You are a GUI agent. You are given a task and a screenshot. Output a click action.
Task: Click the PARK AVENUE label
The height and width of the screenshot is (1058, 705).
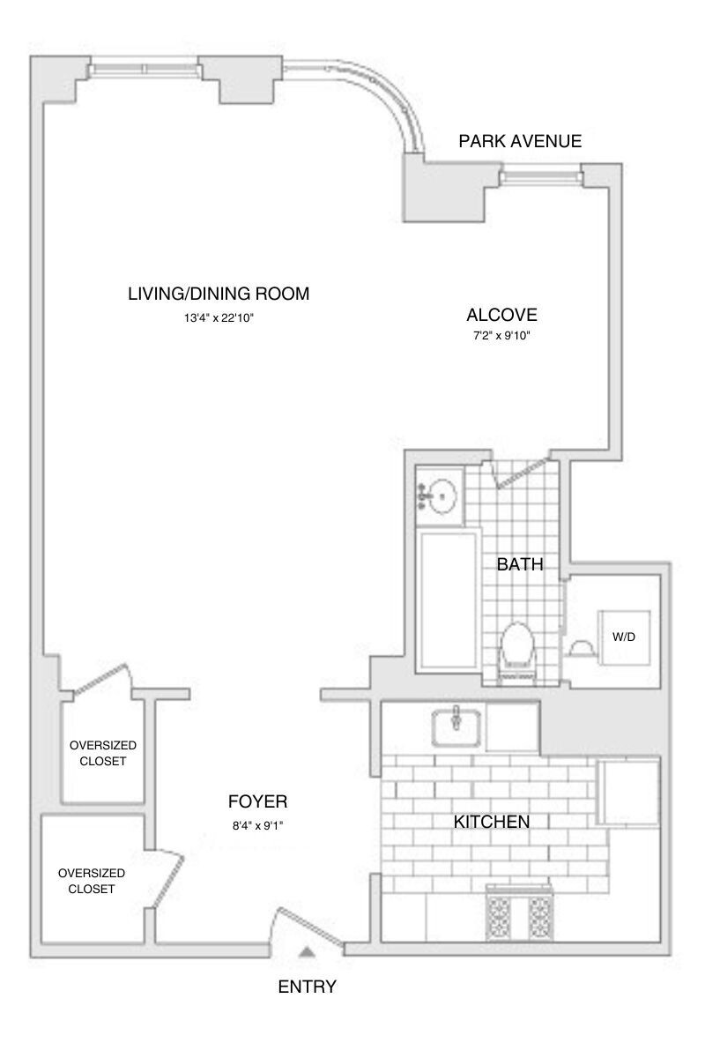coord(520,141)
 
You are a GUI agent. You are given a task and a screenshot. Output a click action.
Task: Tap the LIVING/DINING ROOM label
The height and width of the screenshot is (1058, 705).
coord(219,294)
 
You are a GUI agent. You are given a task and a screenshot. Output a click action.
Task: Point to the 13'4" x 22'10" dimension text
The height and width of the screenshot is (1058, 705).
coord(219,319)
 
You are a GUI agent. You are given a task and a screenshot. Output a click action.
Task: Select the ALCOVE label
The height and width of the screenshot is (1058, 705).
coord(501,315)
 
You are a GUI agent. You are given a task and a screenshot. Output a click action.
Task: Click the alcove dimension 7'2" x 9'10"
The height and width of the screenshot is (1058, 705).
coord(501,336)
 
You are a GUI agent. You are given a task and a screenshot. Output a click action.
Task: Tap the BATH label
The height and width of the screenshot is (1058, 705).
coord(519,564)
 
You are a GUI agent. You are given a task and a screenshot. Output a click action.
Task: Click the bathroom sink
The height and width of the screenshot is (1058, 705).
coord(440,495)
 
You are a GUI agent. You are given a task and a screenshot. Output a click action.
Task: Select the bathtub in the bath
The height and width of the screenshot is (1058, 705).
coord(449,599)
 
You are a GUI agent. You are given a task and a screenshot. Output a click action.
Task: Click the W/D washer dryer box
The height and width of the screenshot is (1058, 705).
coord(624,637)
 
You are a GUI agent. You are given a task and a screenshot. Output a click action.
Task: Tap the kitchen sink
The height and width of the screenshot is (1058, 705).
coord(456,728)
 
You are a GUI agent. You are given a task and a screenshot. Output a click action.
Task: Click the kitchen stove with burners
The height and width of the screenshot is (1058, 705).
coord(520,917)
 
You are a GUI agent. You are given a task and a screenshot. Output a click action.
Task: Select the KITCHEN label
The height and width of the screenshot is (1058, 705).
coord(491,822)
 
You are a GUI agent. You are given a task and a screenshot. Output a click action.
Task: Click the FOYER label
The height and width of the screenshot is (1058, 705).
coord(257,801)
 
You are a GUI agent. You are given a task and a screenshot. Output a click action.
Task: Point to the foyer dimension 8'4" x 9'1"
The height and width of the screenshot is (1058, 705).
coord(257,826)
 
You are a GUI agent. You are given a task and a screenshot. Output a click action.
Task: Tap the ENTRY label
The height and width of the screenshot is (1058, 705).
coord(307,987)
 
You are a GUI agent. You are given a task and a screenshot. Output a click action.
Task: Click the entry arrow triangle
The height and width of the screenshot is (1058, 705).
coord(306,951)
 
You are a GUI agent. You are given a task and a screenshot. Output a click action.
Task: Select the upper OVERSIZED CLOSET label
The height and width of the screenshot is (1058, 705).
coord(102,752)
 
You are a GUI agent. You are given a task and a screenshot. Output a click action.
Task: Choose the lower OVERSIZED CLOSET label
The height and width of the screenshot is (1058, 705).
coord(92,881)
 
